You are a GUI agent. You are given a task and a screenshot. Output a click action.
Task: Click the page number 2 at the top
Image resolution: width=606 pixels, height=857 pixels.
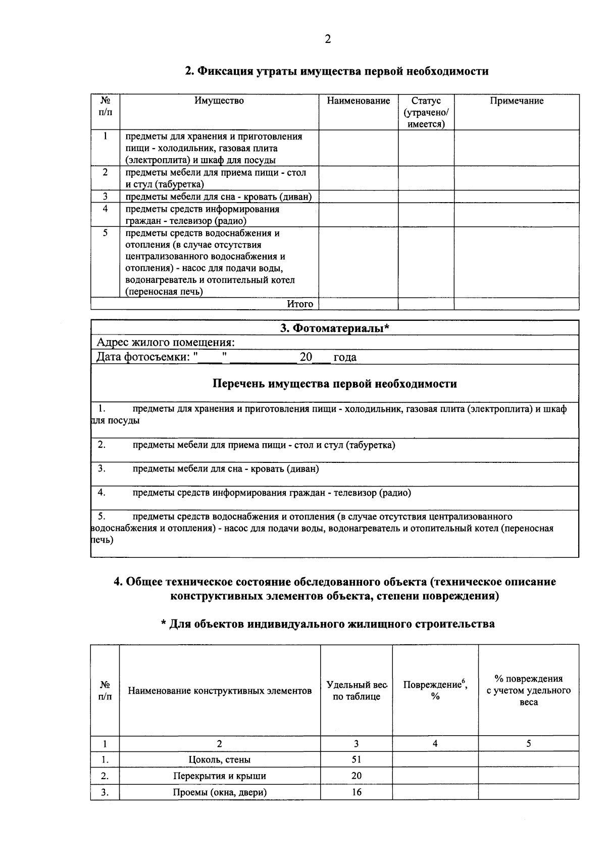(x=328, y=39)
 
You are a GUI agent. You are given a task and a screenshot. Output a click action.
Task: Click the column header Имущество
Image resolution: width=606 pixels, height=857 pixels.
(x=219, y=101)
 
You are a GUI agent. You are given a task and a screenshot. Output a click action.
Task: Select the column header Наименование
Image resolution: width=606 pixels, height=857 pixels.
(x=358, y=101)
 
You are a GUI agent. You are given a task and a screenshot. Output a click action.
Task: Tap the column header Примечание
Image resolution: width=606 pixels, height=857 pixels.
(x=517, y=101)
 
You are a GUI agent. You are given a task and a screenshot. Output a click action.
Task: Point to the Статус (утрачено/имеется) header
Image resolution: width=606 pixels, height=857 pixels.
(x=426, y=112)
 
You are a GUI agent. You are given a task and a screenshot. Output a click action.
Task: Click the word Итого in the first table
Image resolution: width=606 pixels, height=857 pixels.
(x=300, y=304)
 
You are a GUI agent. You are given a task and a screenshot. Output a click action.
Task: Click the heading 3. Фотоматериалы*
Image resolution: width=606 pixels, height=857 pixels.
(x=335, y=328)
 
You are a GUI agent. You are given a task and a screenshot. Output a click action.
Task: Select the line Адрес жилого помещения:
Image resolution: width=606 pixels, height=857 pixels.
(x=166, y=343)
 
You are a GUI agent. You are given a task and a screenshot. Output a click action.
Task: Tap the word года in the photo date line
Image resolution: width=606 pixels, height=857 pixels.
(x=345, y=357)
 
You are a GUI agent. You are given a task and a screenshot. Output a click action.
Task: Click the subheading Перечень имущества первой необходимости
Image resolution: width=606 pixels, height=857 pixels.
(x=335, y=384)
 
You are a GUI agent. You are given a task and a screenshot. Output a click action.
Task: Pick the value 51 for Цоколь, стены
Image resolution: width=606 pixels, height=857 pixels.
(x=357, y=759)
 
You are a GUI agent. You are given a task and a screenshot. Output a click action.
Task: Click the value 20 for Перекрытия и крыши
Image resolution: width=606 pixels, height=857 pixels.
(x=357, y=776)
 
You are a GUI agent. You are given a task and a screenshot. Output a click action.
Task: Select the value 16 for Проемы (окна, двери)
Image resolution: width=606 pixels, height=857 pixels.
(x=357, y=792)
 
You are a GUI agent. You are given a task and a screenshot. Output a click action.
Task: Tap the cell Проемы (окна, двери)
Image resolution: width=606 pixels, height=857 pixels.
(x=220, y=792)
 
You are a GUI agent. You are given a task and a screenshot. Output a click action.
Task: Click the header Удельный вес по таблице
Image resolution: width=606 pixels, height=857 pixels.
(x=357, y=691)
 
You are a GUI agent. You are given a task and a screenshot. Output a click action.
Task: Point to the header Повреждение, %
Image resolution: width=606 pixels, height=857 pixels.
(x=435, y=690)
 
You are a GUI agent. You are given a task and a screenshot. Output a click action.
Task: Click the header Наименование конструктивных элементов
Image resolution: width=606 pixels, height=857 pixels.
(x=220, y=691)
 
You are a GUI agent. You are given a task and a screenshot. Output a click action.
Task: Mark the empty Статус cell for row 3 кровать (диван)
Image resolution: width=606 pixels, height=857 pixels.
(x=426, y=197)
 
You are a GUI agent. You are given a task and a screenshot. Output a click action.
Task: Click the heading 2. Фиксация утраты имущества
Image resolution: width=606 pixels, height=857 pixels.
(x=337, y=71)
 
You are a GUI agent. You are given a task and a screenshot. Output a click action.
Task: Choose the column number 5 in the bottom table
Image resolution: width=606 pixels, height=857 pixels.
(x=529, y=743)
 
